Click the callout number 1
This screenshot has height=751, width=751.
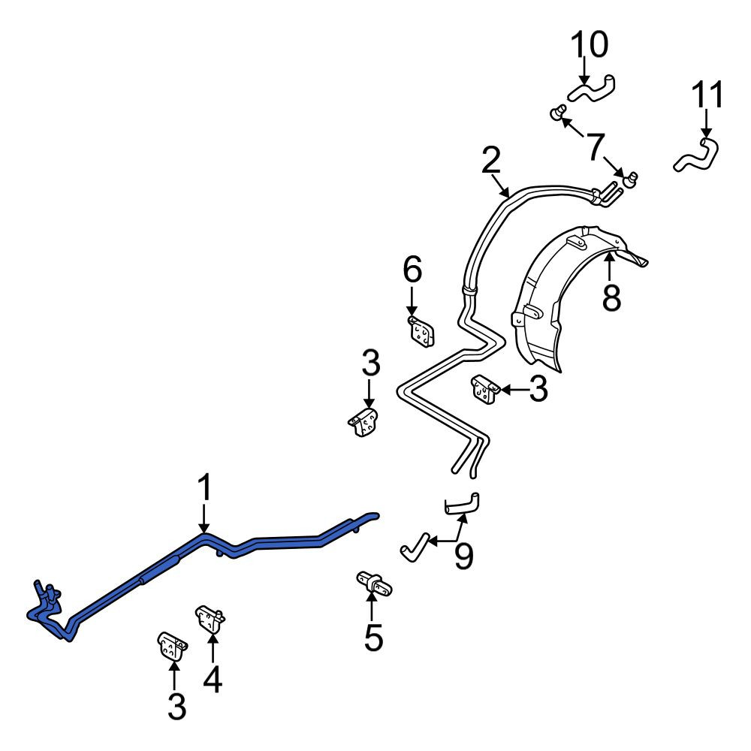tap(205, 487)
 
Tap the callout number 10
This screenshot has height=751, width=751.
tap(590, 44)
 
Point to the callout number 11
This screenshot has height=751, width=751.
tap(707, 95)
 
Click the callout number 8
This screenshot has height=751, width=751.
tap(611, 297)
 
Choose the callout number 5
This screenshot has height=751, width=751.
tap(373, 637)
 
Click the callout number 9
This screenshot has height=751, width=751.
tap(463, 556)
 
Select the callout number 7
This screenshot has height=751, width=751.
tap(596, 146)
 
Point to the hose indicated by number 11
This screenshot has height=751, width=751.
tap(697, 155)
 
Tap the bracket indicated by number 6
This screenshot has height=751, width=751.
tap(421, 330)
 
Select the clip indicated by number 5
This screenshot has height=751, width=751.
tap(374, 584)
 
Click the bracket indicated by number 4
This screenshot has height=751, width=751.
tap(210, 620)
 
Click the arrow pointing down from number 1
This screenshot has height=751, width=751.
tap(204, 517)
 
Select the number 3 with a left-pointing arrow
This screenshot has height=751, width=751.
tap(538, 389)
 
